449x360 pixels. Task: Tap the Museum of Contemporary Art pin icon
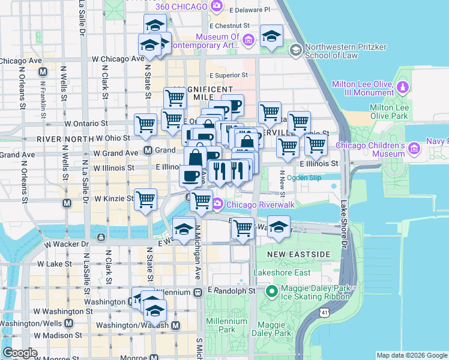pyautogui.click(x=249, y=40)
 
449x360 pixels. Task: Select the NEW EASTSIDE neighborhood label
pyautogui.click(x=299, y=254)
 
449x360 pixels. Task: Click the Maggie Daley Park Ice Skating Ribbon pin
pyautogui.click(x=271, y=292)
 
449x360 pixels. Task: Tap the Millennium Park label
pyautogui.click(x=226, y=325)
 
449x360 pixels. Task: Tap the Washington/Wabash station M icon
pyautogui.click(x=175, y=325)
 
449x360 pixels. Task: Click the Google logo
pyautogui.click(x=20, y=353)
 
